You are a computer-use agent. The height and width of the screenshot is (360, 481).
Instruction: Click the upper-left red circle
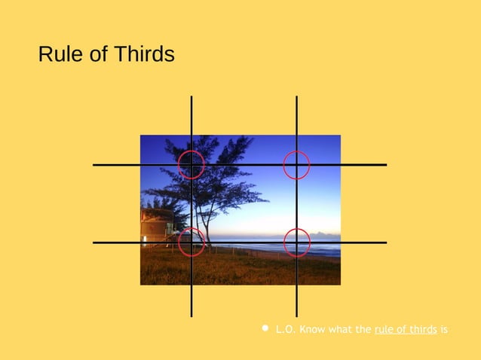pos(191,164)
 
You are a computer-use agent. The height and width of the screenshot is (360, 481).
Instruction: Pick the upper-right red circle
pos(296,164)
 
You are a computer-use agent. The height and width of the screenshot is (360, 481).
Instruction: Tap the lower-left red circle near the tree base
pos(191,242)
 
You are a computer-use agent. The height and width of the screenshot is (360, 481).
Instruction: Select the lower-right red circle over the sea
pos(296,242)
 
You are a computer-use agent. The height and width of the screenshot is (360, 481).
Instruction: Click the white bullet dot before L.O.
pos(265,328)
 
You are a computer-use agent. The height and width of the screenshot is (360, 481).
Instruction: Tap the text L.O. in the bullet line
pos(285,329)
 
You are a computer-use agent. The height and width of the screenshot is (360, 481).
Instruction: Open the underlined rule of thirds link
pos(405,329)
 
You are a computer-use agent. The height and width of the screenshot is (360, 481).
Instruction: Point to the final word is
pos(444,329)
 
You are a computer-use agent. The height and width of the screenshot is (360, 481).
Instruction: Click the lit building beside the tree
pos(156,226)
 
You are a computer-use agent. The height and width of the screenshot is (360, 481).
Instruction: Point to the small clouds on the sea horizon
pos(326,234)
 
